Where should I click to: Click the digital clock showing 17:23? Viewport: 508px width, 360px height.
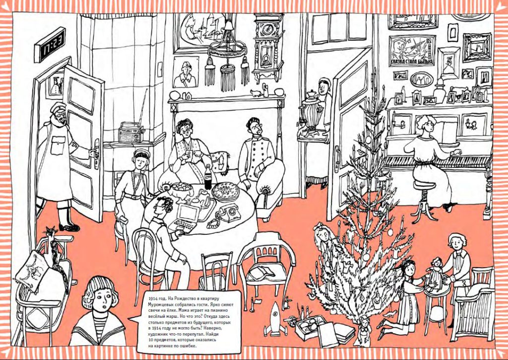click(50, 45)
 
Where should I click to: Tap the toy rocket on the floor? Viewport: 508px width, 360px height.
click(275, 320)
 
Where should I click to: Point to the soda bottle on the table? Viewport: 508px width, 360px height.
click(208, 177)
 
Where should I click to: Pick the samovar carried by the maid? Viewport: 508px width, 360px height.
click(311, 112)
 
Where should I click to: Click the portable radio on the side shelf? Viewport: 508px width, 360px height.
click(131, 132)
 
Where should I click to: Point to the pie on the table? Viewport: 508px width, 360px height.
click(226, 191)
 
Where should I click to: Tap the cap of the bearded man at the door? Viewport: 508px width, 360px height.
click(57, 107)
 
